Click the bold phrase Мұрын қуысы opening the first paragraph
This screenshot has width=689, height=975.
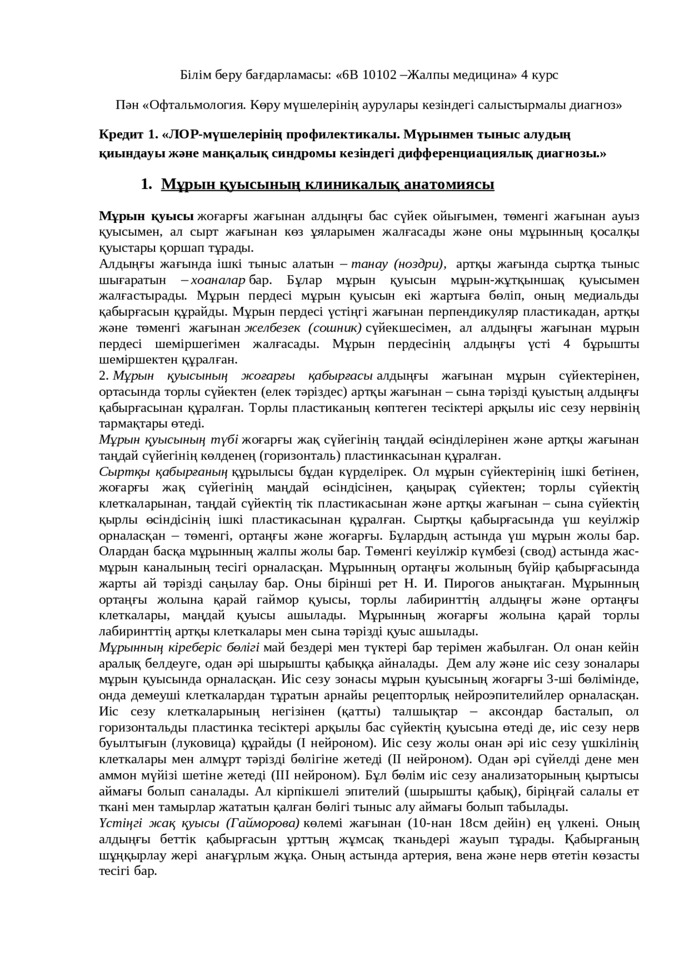click(146, 217)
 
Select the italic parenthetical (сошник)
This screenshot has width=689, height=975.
click(334, 328)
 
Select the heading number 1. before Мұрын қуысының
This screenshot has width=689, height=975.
click(146, 185)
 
